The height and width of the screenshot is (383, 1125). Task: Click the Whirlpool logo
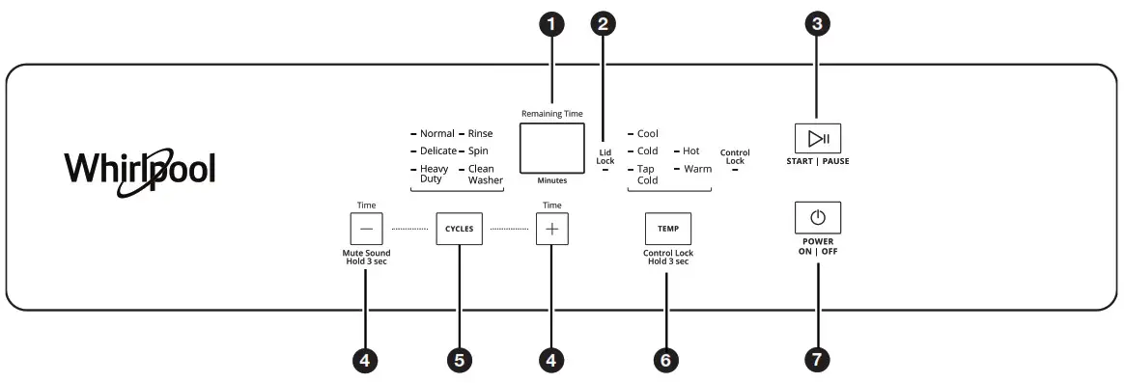click(x=140, y=169)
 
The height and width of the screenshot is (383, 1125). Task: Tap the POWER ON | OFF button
click(x=817, y=217)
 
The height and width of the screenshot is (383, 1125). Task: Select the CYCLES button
click(x=459, y=230)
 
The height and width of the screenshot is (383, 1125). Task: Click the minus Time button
click(x=366, y=230)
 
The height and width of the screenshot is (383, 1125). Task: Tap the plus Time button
click(x=552, y=230)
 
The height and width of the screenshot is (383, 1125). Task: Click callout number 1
click(x=551, y=25)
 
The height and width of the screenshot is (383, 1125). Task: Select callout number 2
click(x=605, y=25)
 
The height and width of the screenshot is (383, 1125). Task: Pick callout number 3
click(x=817, y=25)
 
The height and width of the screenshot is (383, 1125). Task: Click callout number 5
click(x=459, y=360)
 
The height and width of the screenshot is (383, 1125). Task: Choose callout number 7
click(x=817, y=360)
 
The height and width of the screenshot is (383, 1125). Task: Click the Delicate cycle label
click(x=437, y=151)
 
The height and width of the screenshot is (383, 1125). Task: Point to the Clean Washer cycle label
click(x=485, y=174)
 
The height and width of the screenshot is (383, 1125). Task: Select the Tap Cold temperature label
click(x=647, y=174)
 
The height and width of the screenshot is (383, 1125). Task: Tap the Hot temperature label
click(x=691, y=151)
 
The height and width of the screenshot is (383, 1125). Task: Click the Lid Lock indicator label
click(x=605, y=156)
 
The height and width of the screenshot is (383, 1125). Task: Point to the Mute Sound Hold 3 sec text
click(x=366, y=258)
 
